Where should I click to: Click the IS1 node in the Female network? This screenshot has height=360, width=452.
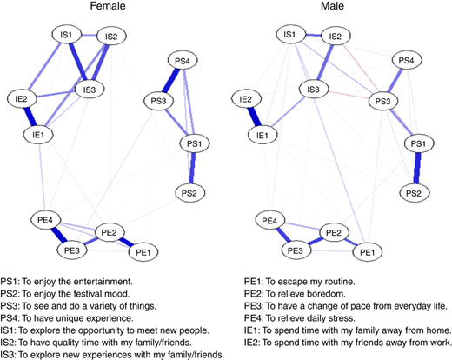(66, 35)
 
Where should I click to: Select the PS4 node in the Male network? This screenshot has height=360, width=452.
(406, 60)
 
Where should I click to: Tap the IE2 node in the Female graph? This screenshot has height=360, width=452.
(22, 99)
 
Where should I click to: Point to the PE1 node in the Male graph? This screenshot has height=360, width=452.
(368, 252)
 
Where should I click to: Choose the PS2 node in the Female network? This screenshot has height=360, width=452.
(189, 193)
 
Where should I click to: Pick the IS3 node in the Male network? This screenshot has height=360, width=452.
(313, 90)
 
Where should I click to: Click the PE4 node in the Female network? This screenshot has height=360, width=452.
(45, 220)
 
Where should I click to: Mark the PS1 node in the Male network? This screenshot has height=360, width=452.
(419, 143)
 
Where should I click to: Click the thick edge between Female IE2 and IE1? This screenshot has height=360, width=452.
(30, 117)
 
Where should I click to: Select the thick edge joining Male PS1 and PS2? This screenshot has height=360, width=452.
(417, 168)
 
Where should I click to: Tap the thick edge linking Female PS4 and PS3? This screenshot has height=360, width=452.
(171, 81)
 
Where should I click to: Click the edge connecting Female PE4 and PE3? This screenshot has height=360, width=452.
(59, 235)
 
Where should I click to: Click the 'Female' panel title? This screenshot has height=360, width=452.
(108, 6)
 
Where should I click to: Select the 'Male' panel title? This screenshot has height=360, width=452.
(332, 6)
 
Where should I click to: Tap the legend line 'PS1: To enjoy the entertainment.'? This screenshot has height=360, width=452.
(67, 282)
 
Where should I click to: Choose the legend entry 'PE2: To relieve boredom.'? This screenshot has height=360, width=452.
(295, 294)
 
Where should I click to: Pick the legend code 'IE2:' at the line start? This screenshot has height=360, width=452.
(252, 343)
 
